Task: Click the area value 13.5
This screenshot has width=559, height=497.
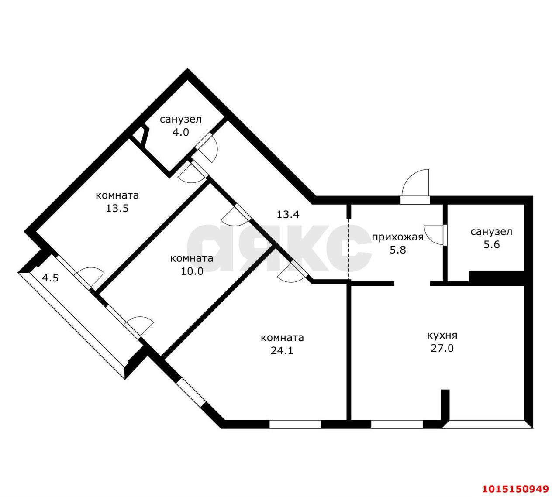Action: pos(117,208)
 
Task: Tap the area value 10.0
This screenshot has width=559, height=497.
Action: pos(192,271)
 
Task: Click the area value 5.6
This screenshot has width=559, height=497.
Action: pos(491,244)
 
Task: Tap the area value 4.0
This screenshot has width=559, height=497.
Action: pos(180,132)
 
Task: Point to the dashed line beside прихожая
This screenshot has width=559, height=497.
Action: pos(349,249)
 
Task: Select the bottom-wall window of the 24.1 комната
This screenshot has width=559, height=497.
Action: pos(295,424)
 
